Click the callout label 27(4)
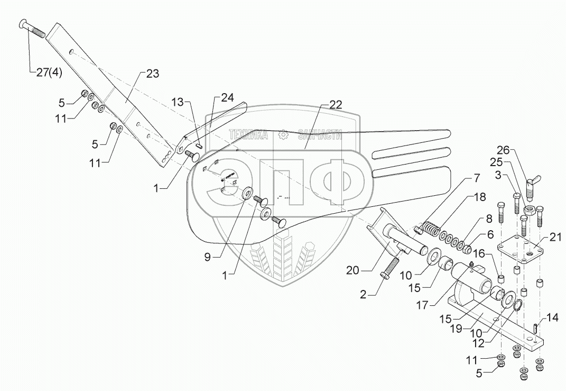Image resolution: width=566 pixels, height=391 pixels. (x=49, y=73)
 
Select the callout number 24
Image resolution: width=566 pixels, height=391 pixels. (x=227, y=97)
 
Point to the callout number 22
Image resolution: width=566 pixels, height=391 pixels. (x=335, y=105)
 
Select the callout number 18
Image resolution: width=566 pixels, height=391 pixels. (x=479, y=197)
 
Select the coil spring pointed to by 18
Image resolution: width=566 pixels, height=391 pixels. (x=429, y=230)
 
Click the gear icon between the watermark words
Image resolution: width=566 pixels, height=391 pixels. (x=283, y=135)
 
